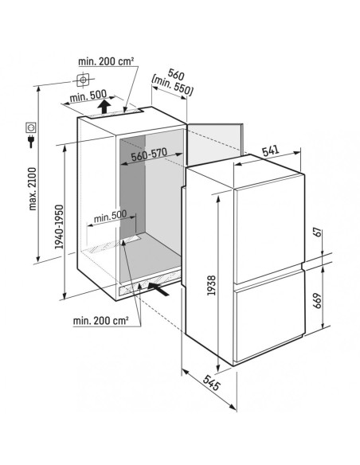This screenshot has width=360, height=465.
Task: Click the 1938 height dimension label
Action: coord(211,285)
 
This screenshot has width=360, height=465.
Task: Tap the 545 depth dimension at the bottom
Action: coord(212,382)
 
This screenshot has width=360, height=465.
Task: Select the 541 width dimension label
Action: coord(271,150)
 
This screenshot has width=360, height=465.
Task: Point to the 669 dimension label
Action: coord(317,301)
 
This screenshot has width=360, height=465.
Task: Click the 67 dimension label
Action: coord(317,232)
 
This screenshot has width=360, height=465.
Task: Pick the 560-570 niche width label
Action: coord(149,154)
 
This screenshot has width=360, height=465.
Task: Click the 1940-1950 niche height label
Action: coord(59,227)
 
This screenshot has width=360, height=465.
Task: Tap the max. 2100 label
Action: coord(33,189)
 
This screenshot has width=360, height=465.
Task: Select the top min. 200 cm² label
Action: coord(106,61)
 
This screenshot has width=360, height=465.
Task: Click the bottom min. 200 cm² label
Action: coord(101,320)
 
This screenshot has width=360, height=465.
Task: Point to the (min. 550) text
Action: coord(172,87)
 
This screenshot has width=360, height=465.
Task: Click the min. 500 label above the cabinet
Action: coord(88,96)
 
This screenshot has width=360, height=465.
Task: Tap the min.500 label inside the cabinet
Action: coord(110,216)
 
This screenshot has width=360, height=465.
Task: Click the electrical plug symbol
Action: coord(30,141)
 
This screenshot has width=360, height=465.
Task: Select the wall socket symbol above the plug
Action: coord(31,127)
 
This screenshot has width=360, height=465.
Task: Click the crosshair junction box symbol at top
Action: coord(83,80)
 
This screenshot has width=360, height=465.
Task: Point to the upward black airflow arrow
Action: coord(104,107)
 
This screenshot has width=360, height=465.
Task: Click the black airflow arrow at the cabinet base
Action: coord(158,289)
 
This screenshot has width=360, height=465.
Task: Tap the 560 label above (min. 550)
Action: coord(176,74)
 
